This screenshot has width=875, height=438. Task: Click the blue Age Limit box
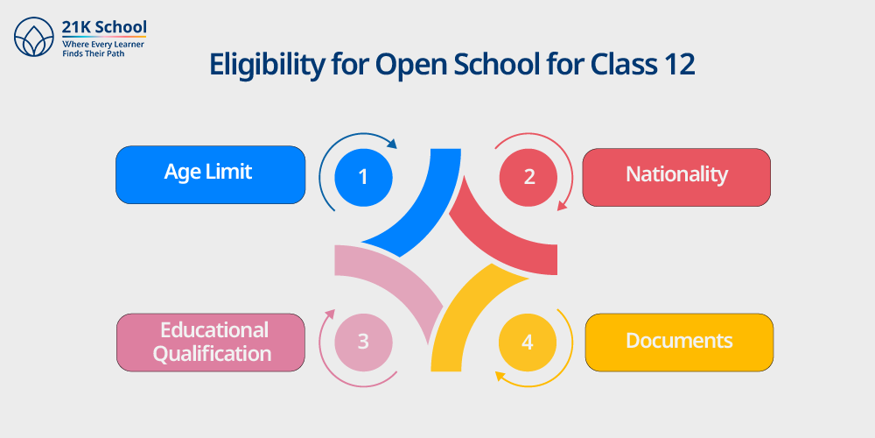[210, 174]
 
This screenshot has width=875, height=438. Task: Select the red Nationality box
[676, 177]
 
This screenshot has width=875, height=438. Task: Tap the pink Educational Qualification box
[211, 343]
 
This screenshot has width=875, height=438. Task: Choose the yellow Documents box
[679, 343]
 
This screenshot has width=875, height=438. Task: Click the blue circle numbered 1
[363, 177]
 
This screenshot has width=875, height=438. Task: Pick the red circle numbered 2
[528, 177]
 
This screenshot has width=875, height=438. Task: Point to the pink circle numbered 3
[363, 342]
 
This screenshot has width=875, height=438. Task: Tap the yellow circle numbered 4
[528, 343]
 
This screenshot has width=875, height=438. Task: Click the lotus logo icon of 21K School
[34, 36]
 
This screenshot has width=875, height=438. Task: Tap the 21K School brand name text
[104, 27]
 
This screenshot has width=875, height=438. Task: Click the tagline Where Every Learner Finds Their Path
[96, 48]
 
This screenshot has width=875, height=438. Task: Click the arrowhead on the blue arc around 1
[392, 145]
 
